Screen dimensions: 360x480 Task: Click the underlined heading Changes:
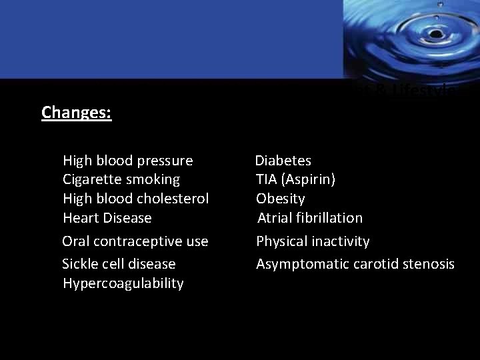tap(76, 112)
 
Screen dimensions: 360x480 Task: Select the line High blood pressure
tap(127, 161)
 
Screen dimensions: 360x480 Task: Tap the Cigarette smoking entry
tap(121, 179)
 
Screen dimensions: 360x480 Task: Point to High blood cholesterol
tap(135, 199)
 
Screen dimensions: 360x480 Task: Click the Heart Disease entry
tap(107, 218)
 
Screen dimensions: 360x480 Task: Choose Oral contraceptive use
tap(135, 241)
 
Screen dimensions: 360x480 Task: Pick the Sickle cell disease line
tap(119, 264)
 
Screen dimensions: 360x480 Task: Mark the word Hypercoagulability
tap(123, 283)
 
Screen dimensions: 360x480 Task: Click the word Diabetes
tap(283, 161)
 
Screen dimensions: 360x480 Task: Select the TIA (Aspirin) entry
tap(296, 179)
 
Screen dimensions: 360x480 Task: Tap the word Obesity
tap(281, 199)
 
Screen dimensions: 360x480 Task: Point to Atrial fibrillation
tap(310, 218)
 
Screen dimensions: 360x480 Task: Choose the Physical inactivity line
tap(313, 241)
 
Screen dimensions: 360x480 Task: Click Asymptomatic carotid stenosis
tap(355, 264)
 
